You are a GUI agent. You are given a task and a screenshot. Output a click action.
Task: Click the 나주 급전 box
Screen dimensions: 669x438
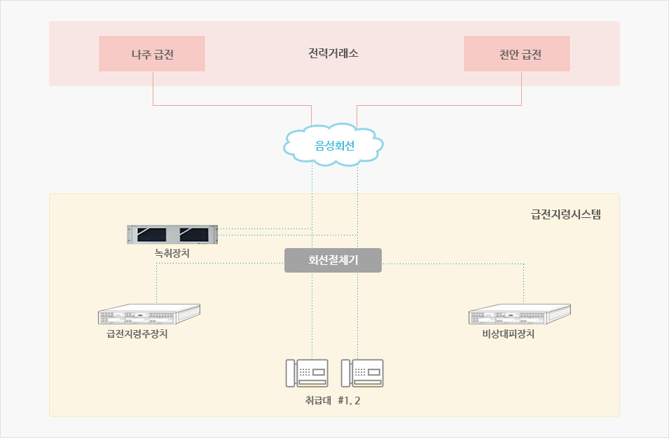coord(152,54)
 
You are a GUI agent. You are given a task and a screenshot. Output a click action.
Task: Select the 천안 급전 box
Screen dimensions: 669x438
coord(517,54)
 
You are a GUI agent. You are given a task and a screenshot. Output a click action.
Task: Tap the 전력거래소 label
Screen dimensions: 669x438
coord(333,53)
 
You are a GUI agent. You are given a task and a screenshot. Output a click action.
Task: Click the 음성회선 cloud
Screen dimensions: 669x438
coord(333,145)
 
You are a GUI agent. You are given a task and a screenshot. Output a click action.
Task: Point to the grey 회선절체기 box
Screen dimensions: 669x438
coord(333,260)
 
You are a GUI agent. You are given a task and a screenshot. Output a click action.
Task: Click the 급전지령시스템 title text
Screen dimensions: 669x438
coord(566,214)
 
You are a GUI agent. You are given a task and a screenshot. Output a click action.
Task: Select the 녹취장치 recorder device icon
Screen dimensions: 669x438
coord(172,234)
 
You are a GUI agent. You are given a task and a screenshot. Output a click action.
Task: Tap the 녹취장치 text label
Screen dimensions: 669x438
coord(172,253)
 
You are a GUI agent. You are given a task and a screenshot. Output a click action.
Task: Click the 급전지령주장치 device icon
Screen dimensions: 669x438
coord(149,314)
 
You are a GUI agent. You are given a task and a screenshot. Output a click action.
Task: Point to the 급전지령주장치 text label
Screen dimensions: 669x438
coord(137,334)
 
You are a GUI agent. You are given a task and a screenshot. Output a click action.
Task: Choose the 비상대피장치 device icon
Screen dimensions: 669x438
coord(520,314)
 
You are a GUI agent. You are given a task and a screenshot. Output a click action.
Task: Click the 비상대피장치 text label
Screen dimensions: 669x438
coord(508,334)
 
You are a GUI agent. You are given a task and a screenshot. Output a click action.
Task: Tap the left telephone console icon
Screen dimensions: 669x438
coord(307,373)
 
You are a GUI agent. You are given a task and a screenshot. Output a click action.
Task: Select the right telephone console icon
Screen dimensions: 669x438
coord(362,373)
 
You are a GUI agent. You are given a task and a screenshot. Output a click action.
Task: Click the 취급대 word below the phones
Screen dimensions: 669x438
coord(318,400)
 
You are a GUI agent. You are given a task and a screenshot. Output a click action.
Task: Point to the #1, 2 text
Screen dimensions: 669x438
coord(349,400)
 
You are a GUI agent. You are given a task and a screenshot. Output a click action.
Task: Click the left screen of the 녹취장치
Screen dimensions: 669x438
coord(151,234)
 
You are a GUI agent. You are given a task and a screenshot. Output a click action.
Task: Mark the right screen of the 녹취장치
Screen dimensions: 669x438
coord(194,234)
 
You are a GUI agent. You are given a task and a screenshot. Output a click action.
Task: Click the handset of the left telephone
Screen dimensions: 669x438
coord(291,373)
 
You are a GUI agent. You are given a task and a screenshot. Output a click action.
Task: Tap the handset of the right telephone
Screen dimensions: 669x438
coord(346,373)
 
